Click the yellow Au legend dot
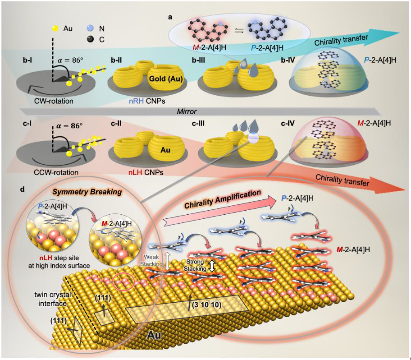tap(56, 28)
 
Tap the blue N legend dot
tap(90, 28)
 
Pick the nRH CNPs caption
tap(131, 99)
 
